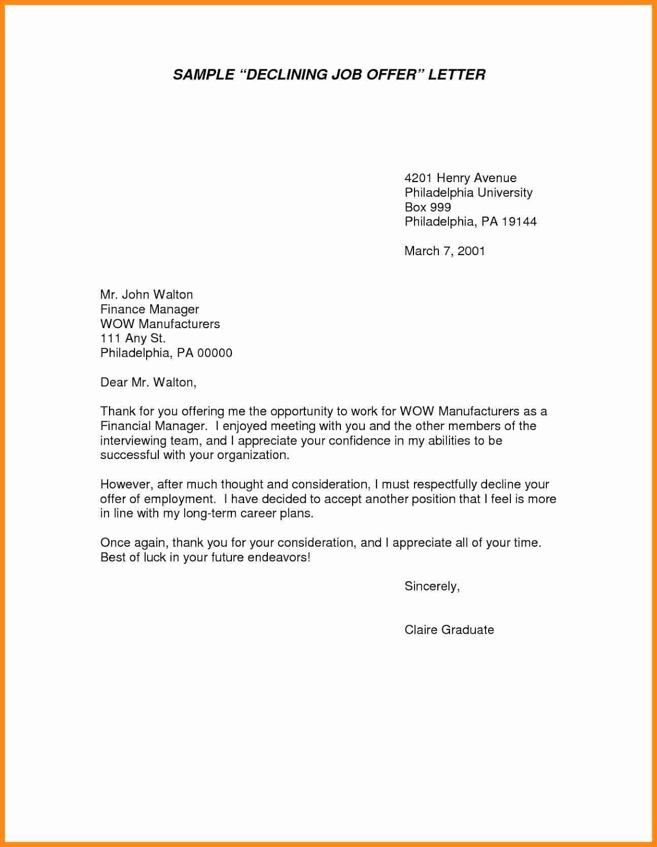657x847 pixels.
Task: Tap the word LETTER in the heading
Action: (456, 75)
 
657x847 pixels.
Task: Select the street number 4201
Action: (418, 178)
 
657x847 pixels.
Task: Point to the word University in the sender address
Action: (505, 193)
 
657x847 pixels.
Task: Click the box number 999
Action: (440, 208)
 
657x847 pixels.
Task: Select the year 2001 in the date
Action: (471, 251)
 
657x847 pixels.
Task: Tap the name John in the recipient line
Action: (136, 295)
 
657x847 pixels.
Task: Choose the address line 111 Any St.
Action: (133, 338)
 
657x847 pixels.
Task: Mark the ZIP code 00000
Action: (214, 353)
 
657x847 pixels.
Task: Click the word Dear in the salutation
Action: (114, 382)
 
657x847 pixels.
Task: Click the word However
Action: (126, 484)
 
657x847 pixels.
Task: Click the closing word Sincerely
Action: (431, 587)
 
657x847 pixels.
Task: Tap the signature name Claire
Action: (420, 630)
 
